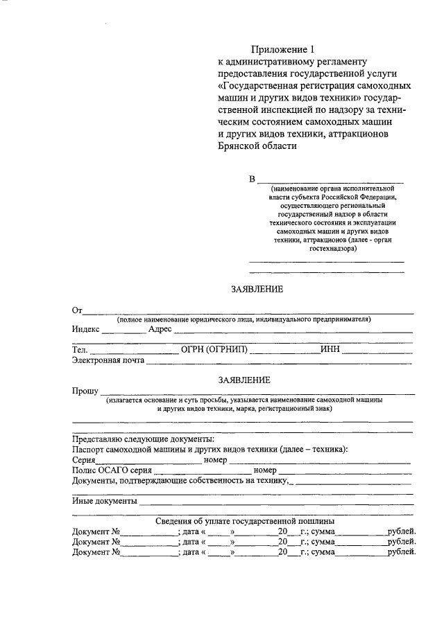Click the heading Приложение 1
(284, 49)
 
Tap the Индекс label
(86, 329)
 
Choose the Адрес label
(160, 329)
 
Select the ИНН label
(330, 349)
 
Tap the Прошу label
(85, 391)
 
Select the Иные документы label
(104, 501)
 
